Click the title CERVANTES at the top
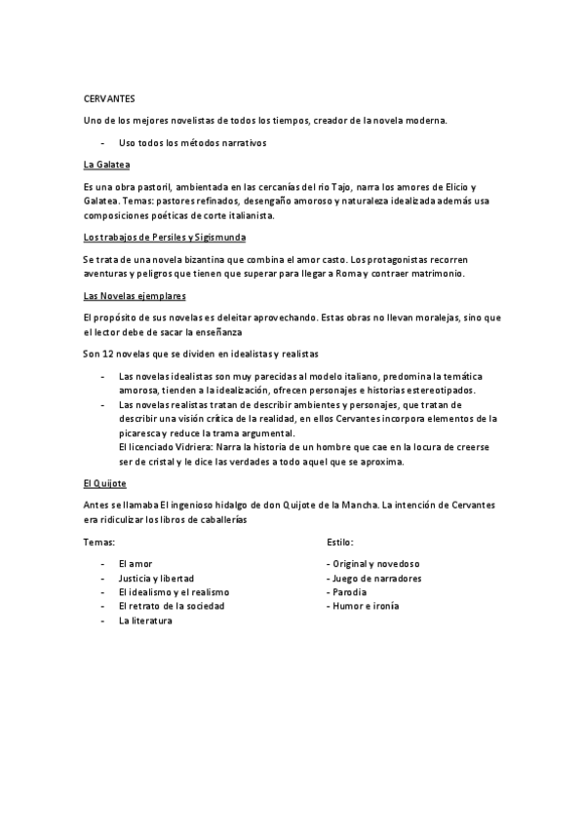tap(109, 99)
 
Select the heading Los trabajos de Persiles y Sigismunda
tap(165, 237)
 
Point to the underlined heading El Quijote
tap(104, 483)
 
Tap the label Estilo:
tap(339, 541)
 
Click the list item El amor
tap(135, 564)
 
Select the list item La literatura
tap(144, 619)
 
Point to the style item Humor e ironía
tap(365, 606)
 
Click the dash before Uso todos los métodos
tap(102, 142)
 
